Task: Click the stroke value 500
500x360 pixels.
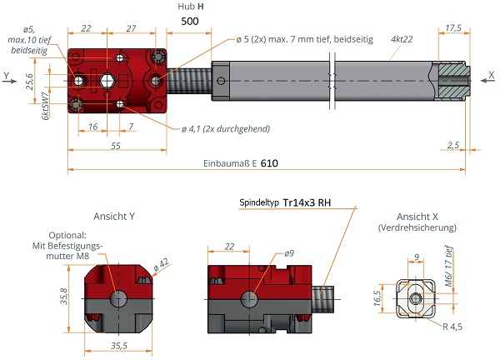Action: (x=189, y=22)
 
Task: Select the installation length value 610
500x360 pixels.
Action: (x=269, y=163)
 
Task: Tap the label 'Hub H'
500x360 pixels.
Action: (x=192, y=7)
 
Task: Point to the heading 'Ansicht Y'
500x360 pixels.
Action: (x=114, y=216)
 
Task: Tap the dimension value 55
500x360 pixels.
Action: (x=116, y=146)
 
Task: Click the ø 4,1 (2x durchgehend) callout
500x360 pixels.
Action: (x=225, y=128)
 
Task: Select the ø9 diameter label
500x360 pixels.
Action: (x=289, y=252)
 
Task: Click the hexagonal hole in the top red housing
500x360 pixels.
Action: (x=107, y=80)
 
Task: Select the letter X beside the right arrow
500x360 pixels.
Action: (x=490, y=75)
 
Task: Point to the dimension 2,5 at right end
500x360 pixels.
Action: (x=452, y=146)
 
